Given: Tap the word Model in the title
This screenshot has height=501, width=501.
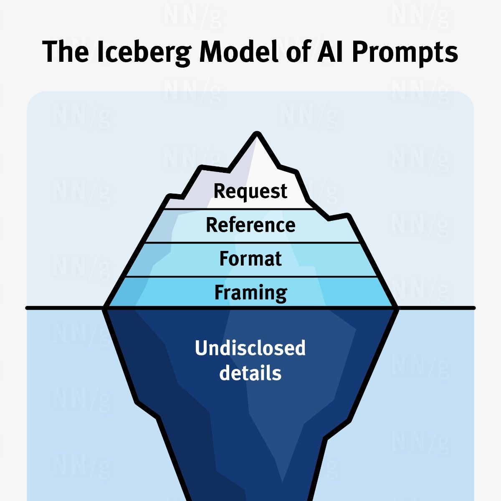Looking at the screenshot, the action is click(239, 51).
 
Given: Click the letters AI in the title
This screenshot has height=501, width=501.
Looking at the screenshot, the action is click(329, 52).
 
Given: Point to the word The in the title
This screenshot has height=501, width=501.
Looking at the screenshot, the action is click(66, 51).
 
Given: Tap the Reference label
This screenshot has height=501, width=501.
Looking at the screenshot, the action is click(250, 225).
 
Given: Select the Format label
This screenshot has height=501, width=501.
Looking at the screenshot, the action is click(250, 259).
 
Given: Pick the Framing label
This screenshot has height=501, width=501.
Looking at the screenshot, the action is click(250, 293).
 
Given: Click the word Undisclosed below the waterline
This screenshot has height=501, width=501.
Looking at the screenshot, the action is click(250, 348).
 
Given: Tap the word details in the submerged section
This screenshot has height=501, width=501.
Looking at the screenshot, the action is click(250, 372).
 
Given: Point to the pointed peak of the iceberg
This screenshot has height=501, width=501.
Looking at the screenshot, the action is click(257, 133).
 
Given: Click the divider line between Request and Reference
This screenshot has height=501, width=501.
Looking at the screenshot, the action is click(239, 209).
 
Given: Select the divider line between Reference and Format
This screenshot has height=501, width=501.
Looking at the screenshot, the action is click(253, 243).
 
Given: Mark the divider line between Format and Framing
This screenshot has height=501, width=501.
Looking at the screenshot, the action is click(251, 277).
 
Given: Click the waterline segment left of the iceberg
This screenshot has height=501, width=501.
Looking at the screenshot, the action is click(64, 308).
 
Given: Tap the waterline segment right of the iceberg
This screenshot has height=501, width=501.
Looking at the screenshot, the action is click(436, 308).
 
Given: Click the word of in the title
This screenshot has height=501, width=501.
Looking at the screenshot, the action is click(297, 51).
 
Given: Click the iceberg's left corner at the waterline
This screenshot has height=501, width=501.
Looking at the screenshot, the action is click(104, 308).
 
